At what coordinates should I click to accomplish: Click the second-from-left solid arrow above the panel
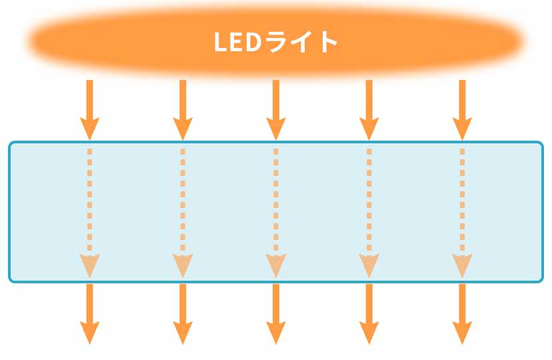[x=183, y=109]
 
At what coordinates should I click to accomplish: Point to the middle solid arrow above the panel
[x=276, y=109]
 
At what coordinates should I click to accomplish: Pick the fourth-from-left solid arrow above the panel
[x=369, y=109]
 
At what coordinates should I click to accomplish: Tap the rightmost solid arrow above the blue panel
[x=462, y=109]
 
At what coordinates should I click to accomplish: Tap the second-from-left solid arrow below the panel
[x=183, y=313]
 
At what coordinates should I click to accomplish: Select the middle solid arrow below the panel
[x=276, y=313]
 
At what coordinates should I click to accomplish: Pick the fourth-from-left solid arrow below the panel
[x=369, y=313]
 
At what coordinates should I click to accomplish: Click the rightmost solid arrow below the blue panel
[x=462, y=313]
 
